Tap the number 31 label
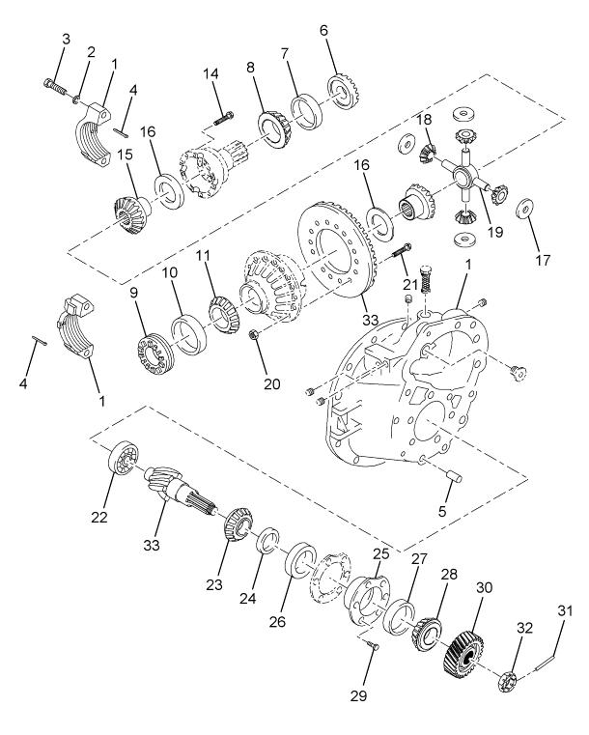click(x=565, y=609)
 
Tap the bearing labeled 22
click(x=126, y=457)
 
